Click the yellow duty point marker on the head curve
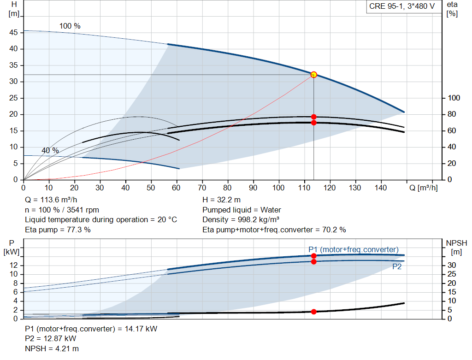pos(313,75)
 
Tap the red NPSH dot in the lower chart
pos(313,312)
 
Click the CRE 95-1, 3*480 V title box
pos(402,6)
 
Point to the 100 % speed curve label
pos(70,26)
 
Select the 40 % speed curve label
pos(50,151)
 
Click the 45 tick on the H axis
pos(13,33)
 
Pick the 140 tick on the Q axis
pos(380,188)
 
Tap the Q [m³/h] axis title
pos(423,188)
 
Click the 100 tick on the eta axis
pos(454,98)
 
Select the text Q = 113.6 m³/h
pos(51,200)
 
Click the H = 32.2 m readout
pos(221,200)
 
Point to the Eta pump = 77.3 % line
pos(58,230)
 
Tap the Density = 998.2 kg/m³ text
pos(241,220)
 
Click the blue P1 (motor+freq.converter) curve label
pos(354,249)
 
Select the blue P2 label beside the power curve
pos(397,267)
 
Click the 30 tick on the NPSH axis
pos(452,265)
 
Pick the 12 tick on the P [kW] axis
pos(13,265)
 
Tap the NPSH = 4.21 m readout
pos(52,349)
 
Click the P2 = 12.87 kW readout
pos(51,339)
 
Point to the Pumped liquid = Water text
pos(242,210)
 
